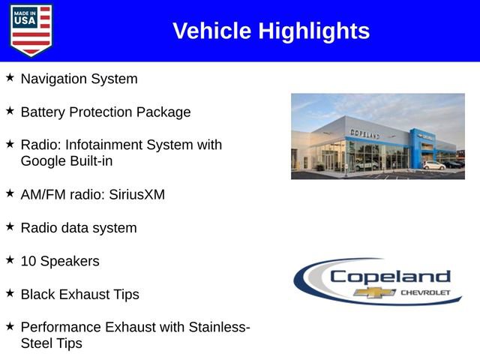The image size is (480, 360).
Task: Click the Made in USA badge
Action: pyautogui.click(x=31, y=30)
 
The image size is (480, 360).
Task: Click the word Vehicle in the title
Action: pyautogui.click(x=212, y=31)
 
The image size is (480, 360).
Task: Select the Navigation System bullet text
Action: pyautogui.click(x=79, y=78)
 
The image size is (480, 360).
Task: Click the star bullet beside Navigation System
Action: pyautogui.click(x=10, y=77)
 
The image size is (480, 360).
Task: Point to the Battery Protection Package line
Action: pyautogui.click(x=105, y=112)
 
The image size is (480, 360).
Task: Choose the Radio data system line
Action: pyautogui.click(x=78, y=227)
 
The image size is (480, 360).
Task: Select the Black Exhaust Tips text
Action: pyautogui.click(x=79, y=294)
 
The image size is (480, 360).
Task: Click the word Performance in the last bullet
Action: pyautogui.click(x=61, y=327)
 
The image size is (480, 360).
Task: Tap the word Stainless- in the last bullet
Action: pyautogui.click(x=218, y=327)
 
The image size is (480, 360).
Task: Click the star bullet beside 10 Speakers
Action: pyautogui.click(x=10, y=260)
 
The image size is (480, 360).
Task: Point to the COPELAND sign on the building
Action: pyautogui.click(x=364, y=133)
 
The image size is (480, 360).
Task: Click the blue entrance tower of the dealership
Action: pyautogui.click(x=418, y=146)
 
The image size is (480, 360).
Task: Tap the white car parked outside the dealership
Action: pyautogui.click(x=433, y=165)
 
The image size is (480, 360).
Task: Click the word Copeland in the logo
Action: pyautogui.click(x=390, y=277)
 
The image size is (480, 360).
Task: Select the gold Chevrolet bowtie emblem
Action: pyautogui.click(x=370, y=292)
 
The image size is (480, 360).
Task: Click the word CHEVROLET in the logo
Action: pyautogui.click(x=424, y=292)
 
